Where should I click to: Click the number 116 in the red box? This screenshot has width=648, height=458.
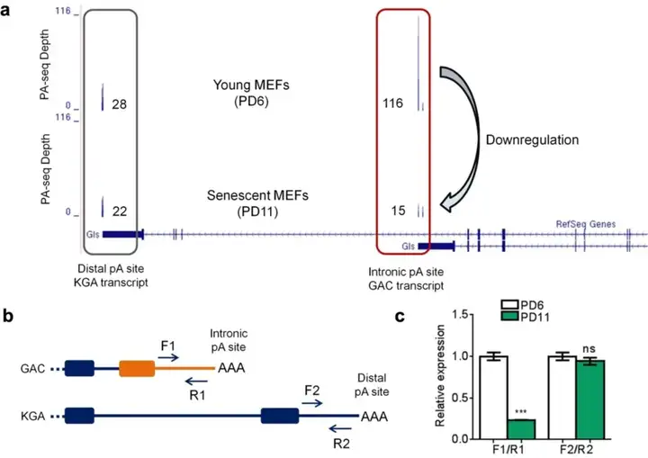[x=393, y=105]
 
